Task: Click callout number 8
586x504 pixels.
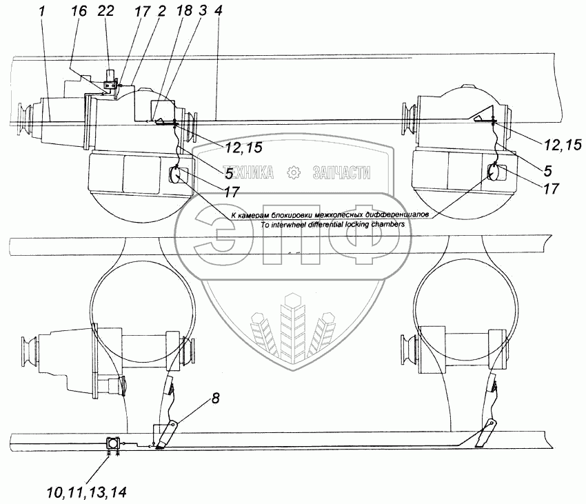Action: pos(216,397)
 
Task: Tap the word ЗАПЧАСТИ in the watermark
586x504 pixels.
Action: pos(341,173)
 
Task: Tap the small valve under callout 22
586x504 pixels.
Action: pos(109,85)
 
